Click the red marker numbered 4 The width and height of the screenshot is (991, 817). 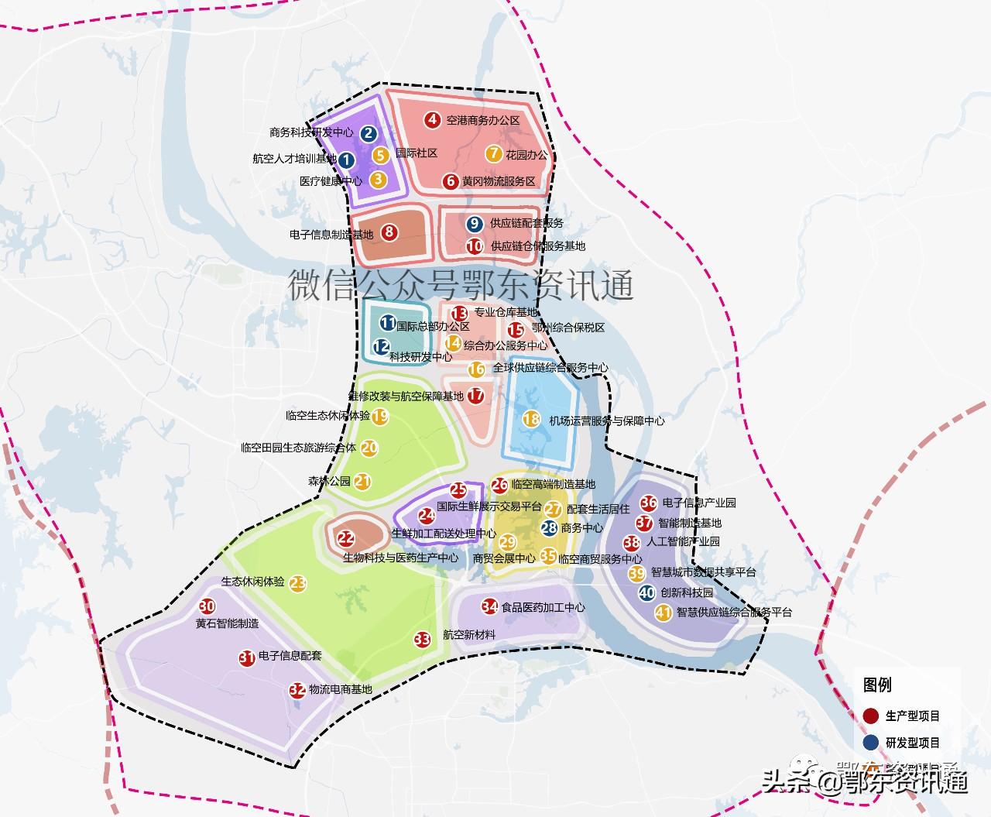coord(433,120)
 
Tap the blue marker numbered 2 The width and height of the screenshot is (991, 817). coord(369,133)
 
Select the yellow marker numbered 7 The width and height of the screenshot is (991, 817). coord(493,154)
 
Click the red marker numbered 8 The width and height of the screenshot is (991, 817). coord(389,232)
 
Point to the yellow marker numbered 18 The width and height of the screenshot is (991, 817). coord(530,419)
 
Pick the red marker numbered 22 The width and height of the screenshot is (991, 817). coord(346,538)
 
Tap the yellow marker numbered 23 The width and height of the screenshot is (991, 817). coord(298,583)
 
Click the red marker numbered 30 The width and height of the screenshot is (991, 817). coord(207,606)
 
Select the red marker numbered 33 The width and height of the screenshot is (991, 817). coord(422,639)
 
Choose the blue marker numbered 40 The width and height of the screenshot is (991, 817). coord(647,592)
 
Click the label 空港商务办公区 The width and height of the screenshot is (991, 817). coord(483,121)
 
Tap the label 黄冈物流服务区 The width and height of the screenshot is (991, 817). coord(499,182)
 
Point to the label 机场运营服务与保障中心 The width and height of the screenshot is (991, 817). coord(606,421)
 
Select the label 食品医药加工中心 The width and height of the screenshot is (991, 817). coord(543,607)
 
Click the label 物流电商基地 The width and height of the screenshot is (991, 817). coord(340,689)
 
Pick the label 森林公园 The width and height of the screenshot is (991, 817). coord(329,482)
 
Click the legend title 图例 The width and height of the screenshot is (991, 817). coord(877,685)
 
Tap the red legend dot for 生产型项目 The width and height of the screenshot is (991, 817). coord(870,716)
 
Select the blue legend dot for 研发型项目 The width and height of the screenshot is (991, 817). coord(870,743)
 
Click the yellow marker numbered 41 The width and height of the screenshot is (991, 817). coord(663,613)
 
